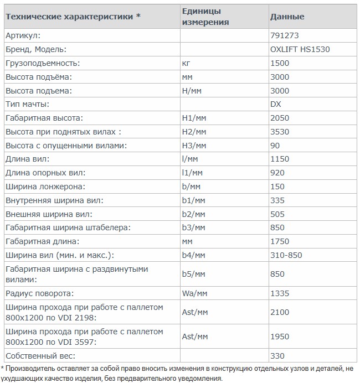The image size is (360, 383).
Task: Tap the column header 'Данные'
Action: pyautogui.click(x=286, y=17)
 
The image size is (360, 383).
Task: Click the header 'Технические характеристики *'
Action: pyautogui.click(x=73, y=17)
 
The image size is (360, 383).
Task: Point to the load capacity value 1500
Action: pyautogui.click(x=279, y=63)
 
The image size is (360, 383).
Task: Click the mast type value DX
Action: pyautogui.click(x=275, y=105)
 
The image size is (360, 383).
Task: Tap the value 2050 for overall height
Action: pyautogui.click(x=279, y=118)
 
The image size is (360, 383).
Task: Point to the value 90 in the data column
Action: pyautogui.click(x=275, y=146)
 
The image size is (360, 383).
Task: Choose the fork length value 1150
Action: pyautogui.click(x=279, y=159)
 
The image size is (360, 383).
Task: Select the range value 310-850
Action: pyautogui.click(x=285, y=255)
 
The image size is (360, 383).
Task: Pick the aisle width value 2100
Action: pyautogui.click(x=279, y=312)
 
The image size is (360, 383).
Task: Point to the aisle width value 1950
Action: pyautogui.click(x=279, y=337)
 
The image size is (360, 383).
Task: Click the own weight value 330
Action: pyautogui.click(x=277, y=355)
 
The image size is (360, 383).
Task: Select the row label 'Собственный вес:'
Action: pyautogui.click(x=39, y=355)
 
